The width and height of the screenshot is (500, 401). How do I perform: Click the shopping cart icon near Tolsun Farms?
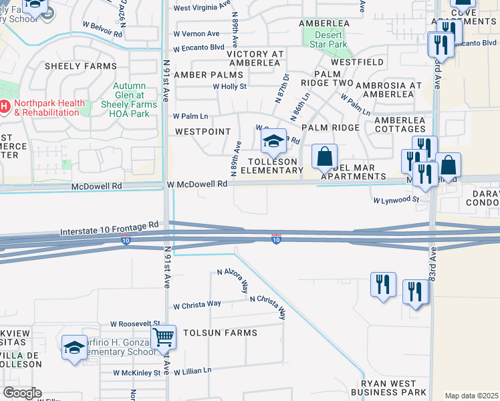[x=163, y=338]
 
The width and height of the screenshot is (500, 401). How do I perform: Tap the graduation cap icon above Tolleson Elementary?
[x=273, y=141]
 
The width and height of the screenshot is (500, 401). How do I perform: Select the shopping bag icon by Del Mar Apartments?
[x=324, y=157]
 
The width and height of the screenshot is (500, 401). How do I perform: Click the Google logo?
[x=22, y=393]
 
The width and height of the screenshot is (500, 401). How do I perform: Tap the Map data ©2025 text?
[x=471, y=396]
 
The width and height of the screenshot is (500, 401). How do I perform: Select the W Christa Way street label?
[x=197, y=305]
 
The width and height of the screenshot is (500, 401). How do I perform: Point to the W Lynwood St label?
[x=396, y=199]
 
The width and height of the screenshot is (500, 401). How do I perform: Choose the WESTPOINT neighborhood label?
[x=203, y=132]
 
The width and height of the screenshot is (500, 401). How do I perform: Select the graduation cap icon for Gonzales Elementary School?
[x=75, y=347]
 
